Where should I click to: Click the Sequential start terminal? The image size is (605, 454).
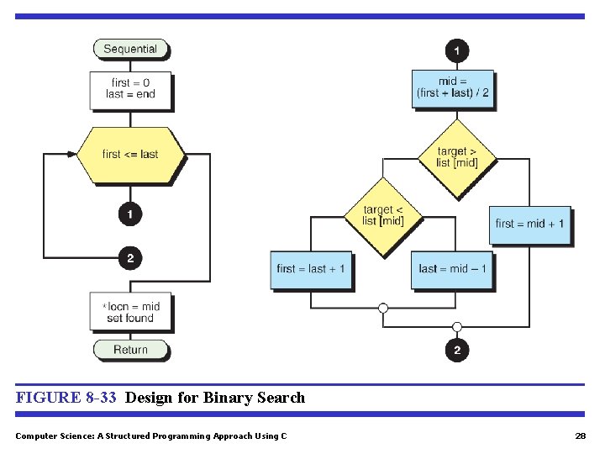130,50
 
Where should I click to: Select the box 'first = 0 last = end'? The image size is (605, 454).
130,89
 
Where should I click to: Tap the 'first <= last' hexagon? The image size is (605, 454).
130,155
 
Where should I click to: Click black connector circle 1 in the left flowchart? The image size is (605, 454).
130,215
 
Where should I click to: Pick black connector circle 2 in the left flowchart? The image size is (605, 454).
130,258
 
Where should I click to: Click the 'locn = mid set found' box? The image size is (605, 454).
130,312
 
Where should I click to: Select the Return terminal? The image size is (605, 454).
130,350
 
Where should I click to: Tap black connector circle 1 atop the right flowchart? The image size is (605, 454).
456,51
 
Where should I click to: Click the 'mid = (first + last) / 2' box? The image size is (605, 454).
453,88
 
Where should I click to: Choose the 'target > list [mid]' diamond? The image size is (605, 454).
457,157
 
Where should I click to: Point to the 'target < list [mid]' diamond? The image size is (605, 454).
383,216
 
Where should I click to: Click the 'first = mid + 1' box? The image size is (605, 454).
529,224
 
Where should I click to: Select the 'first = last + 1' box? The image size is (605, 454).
311,269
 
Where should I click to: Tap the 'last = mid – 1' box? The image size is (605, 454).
453,269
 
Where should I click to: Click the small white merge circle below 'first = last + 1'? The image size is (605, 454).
383,309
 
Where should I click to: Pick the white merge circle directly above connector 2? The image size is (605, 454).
457,327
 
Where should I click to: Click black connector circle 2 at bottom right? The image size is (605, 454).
457,351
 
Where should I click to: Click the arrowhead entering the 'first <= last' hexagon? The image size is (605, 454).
71,155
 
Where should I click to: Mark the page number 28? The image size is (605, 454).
580,436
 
